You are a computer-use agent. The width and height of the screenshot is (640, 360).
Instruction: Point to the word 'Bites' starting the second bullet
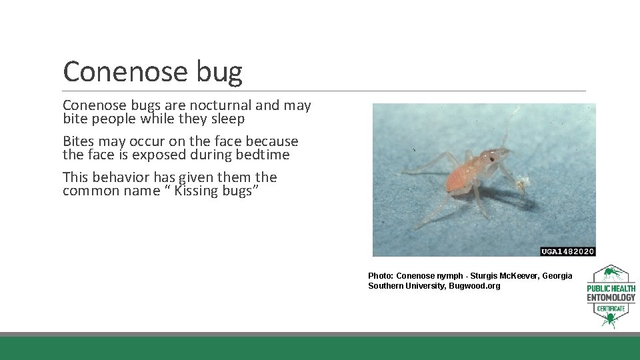pyautogui.click(x=79, y=141)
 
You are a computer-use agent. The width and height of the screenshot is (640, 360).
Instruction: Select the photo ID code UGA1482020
pyautogui.click(x=567, y=251)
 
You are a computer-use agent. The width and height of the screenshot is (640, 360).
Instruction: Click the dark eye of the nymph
pyautogui.click(x=491, y=159)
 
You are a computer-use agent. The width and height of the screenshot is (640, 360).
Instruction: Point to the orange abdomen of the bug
pyautogui.click(x=459, y=175)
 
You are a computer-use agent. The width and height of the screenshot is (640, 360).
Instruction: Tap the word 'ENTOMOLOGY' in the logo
pyautogui.click(x=611, y=297)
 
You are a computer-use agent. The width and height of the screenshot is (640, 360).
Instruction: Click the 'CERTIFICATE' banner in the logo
pyautogui.click(x=611, y=308)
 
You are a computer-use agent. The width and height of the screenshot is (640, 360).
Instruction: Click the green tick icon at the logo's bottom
pyautogui.click(x=610, y=321)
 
